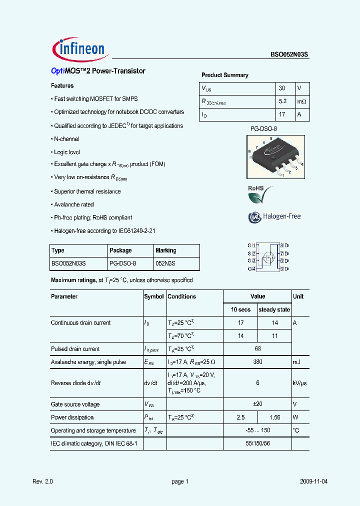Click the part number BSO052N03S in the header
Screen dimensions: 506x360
[x=290, y=55]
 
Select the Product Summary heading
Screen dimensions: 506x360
[x=225, y=75]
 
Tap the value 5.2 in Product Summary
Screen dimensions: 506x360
[x=282, y=101]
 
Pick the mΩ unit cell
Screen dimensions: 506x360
[x=301, y=101]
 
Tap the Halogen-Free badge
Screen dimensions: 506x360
[x=274, y=216]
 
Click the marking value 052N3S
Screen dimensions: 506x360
[x=165, y=263]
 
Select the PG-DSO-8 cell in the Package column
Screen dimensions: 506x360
[x=122, y=263]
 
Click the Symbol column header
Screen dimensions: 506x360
[x=154, y=296]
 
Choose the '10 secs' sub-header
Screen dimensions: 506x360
[x=240, y=309]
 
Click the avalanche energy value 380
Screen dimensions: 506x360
[x=257, y=362]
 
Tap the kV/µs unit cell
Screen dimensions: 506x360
[x=300, y=382]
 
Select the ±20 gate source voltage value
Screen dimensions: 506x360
[x=257, y=404]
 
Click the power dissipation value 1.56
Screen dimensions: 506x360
[x=274, y=417]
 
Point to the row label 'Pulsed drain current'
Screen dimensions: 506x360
[x=75, y=349]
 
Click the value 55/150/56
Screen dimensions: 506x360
[x=257, y=443]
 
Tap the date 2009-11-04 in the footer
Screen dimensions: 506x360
[x=313, y=481]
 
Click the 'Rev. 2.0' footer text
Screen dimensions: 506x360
[x=42, y=481]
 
